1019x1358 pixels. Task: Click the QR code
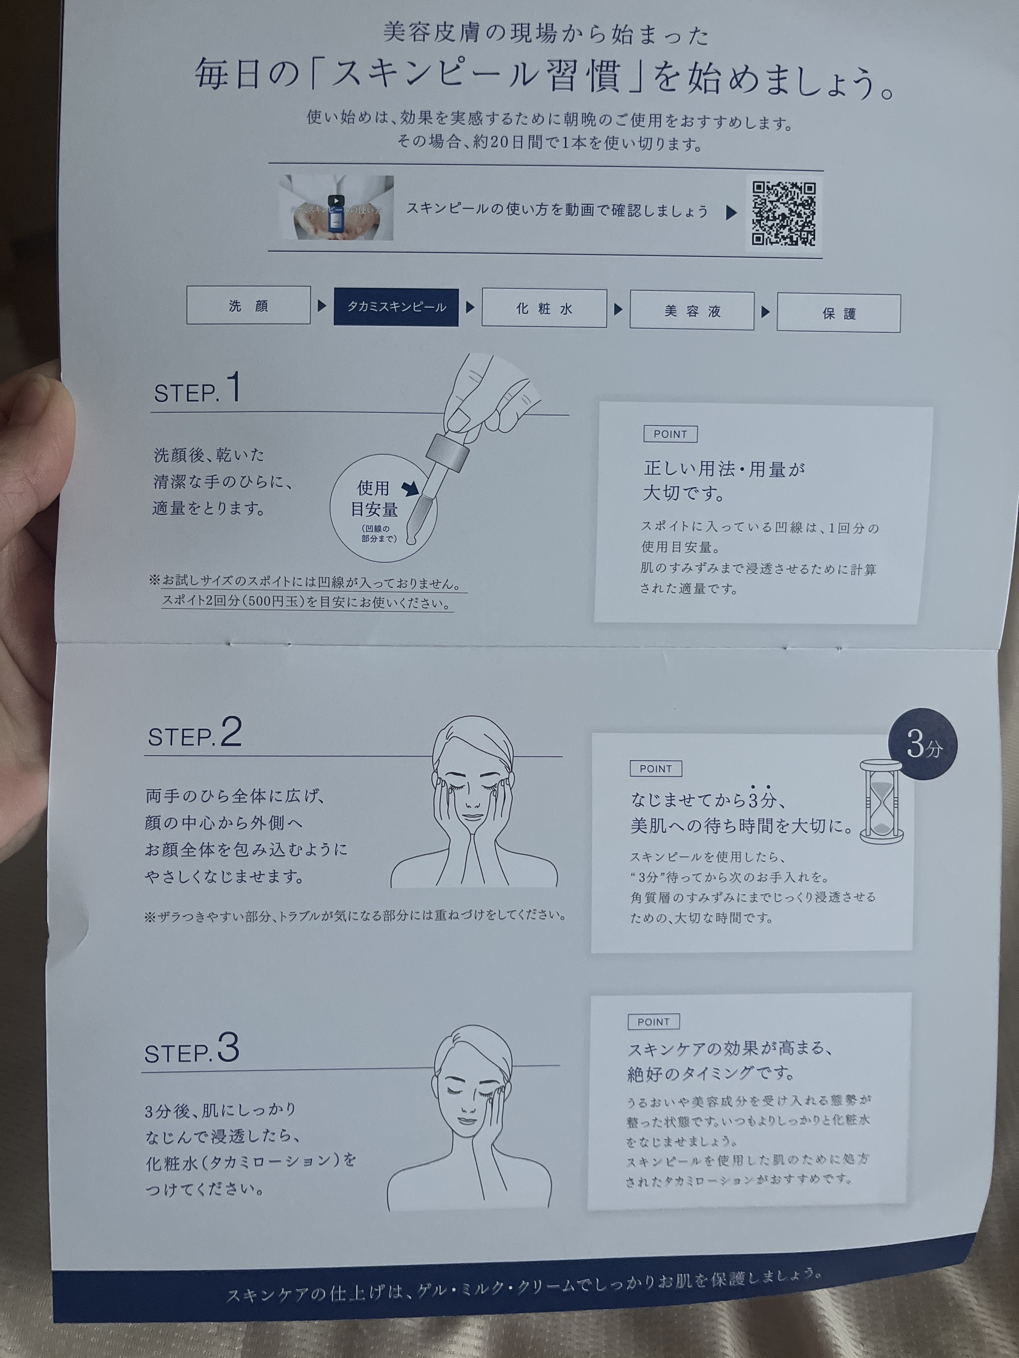(x=784, y=214)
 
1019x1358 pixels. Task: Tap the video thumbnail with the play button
(x=336, y=207)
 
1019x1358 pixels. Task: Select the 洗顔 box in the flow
(x=248, y=305)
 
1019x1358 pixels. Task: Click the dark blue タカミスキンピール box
(x=396, y=307)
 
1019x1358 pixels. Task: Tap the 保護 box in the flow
(x=839, y=313)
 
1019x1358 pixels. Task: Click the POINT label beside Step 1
(x=670, y=434)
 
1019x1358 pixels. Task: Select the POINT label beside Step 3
(x=653, y=1022)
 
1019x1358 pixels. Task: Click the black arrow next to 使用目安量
(x=410, y=489)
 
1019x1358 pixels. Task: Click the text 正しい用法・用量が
(x=724, y=470)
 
